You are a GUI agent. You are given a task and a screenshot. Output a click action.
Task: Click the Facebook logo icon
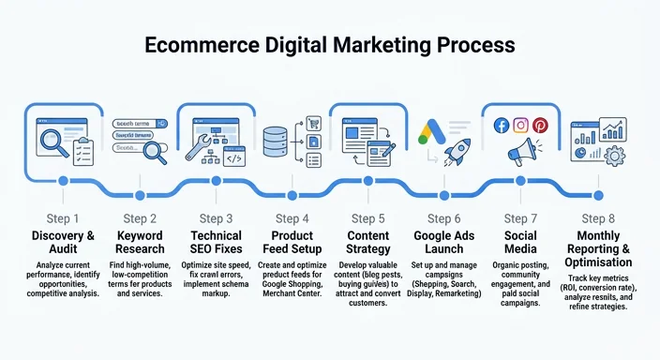coord(500,126)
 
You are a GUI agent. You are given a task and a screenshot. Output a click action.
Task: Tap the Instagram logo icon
coord(519,126)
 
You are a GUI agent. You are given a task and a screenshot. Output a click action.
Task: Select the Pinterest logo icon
coord(540,126)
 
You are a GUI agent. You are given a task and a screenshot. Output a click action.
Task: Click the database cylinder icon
coord(275,142)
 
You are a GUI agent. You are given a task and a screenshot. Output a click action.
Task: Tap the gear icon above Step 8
coord(615,154)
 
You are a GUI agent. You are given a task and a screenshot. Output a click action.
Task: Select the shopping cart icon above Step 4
coord(315,123)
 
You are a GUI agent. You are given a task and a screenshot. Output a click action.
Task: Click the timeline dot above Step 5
coord(369,180)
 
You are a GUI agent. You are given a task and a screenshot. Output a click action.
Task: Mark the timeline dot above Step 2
coord(140,180)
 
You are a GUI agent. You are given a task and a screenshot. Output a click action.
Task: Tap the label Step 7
coord(521,218)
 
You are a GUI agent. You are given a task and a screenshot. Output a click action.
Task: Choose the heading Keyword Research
coord(140,242)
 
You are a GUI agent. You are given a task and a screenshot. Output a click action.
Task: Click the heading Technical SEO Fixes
coord(216,242)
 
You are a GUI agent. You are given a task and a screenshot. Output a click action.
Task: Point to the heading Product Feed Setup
coord(292,242)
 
